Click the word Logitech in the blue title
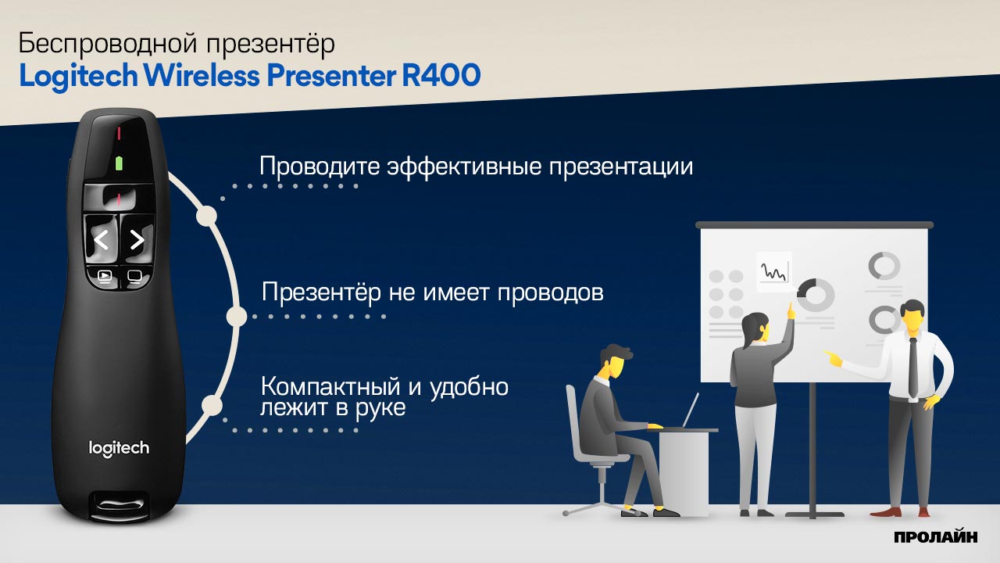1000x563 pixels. point(79,76)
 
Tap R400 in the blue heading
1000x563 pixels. point(441,74)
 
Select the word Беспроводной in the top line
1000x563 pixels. point(108,43)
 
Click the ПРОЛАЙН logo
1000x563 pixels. point(936,536)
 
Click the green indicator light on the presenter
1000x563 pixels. point(119,163)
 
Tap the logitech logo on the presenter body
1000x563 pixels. point(119,448)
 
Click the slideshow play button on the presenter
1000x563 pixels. point(105,277)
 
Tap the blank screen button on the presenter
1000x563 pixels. point(134,277)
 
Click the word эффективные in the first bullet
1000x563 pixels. point(464,167)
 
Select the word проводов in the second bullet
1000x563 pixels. point(551,293)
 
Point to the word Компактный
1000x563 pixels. point(330,386)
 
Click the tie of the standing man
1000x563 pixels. point(913,368)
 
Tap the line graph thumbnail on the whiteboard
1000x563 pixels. point(773,271)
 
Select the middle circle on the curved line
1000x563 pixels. point(236,317)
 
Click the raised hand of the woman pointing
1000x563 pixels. point(791,311)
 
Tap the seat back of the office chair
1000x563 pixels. point(575,420)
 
